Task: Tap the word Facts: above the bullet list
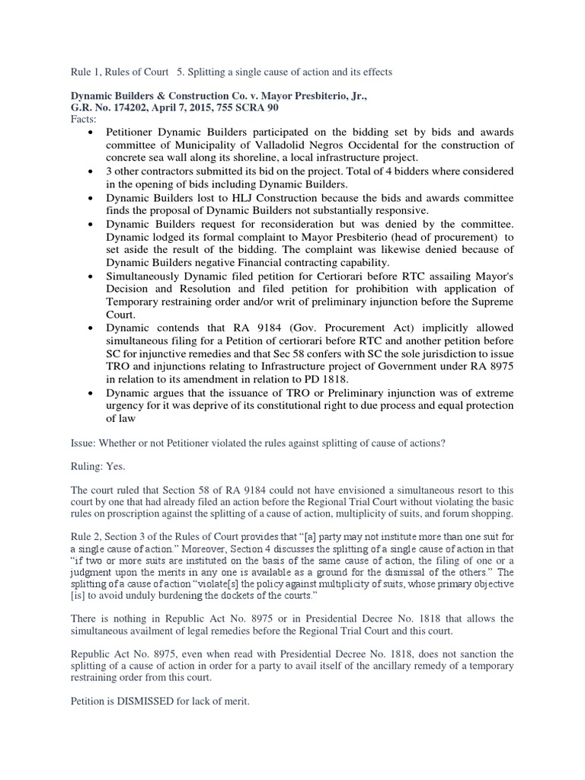pyautogui.click(x=85, y=120)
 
